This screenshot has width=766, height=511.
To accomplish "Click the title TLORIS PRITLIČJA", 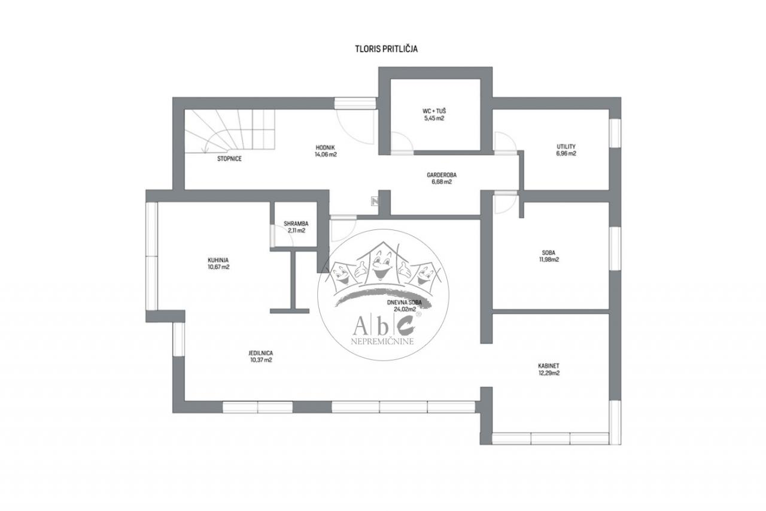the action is [x=387, y=49].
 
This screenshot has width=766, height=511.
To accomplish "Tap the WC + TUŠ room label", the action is [x=434, y=111].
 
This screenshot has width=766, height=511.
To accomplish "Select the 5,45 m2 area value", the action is [x=434, y=119].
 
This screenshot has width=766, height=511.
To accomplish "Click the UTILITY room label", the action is [x=566, y=147].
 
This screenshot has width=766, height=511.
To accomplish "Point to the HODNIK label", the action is [x=325, y=147].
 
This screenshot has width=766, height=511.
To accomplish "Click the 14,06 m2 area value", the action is [x=326, y=155].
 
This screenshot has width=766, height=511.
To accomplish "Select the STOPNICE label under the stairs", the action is [x=229, y=159].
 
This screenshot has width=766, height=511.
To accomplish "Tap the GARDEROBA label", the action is [x=442, y=175].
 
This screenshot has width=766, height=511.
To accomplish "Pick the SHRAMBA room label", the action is [x=296, y=224].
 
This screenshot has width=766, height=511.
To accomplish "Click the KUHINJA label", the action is [x=218, y=260].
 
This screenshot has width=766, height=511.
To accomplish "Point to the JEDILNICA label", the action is [x=261, y=353].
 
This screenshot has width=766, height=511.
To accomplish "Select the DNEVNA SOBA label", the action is [x=404, y=303].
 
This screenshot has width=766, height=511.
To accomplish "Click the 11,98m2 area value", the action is [x=548, y=259].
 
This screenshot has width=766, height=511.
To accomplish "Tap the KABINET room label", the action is [x=549, y=366].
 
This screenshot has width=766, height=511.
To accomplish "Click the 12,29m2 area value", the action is [x=549, y=373].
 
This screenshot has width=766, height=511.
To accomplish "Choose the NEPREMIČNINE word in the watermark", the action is [x=382, y=341].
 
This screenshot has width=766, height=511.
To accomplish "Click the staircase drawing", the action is [x=229, y=130].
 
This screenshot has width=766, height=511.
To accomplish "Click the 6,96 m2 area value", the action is [x=566, y=154].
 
